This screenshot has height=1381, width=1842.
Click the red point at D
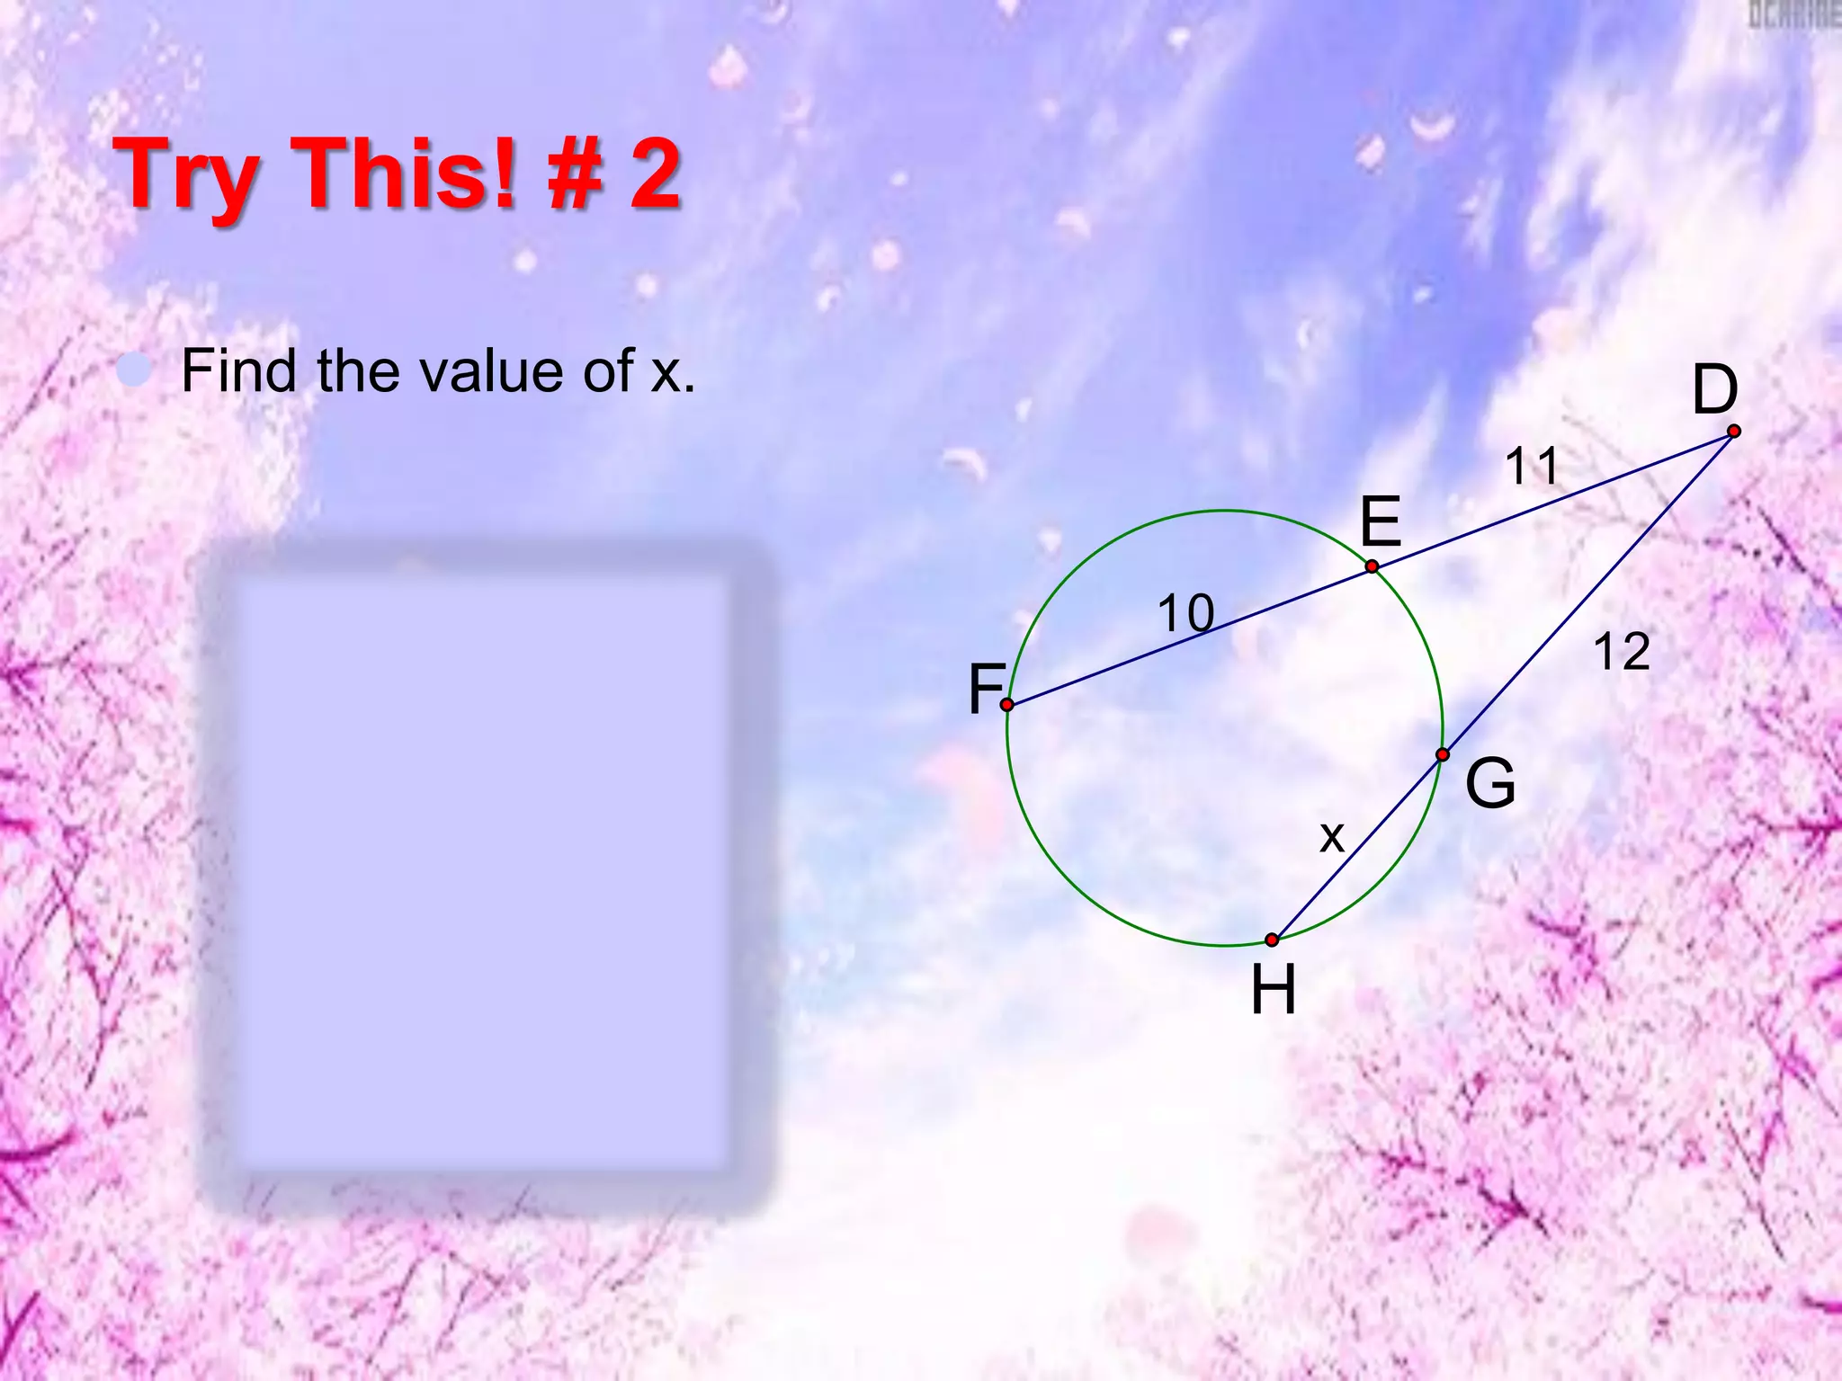coord(1733,432)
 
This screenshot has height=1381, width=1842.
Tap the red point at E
coord(1372,566)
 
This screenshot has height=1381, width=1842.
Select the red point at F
coord(1007,704)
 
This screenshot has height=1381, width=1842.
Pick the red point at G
coord(1442,754)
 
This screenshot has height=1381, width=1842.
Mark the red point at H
coord(1272,940)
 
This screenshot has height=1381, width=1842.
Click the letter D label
coord(1714,389)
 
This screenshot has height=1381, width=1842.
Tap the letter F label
coord(986,689)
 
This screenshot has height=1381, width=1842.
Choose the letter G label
coord(1490,783)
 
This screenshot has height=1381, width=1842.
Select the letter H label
coord(1274,990)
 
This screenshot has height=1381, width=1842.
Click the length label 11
coord(1532,466)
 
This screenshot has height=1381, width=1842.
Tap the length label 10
coord(1185,613)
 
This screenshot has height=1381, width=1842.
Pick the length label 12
coord(1622,651)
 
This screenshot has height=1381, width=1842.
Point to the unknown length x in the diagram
coord(1331,837)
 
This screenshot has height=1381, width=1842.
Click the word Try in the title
coord(190,175)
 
